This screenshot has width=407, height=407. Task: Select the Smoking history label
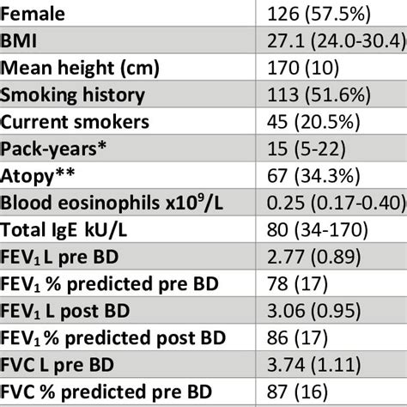73,95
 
